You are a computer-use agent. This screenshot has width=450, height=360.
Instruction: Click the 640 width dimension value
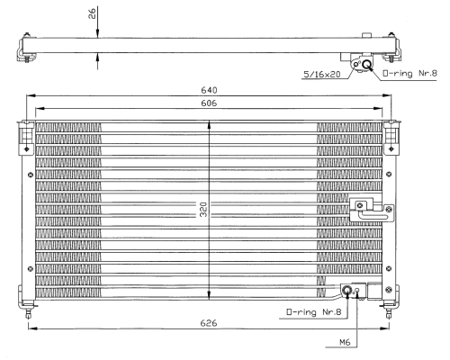pyautogui.click(x=209, y=90)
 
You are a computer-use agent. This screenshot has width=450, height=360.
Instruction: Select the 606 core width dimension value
pyautogui.click(x=209, y=103)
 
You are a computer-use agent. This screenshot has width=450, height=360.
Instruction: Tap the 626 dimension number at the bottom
pyautogui.click(x=209, y=323)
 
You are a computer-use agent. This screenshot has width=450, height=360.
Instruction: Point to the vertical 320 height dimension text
pyautogui.click(x=203, y=209)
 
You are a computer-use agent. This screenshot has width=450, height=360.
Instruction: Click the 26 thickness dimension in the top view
pyautogui.click(x=92, y=13)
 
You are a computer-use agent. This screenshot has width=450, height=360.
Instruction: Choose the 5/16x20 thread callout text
pyautogui.click(x=322, y=74)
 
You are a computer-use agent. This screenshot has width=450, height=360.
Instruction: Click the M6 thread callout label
pyautogui.click(x=345, y=342)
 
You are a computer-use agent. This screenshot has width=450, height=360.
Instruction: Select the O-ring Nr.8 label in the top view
pyautogui.click(x=409, y=73)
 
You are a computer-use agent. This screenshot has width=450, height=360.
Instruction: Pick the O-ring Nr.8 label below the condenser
pyautogui.click(x=314, y=312)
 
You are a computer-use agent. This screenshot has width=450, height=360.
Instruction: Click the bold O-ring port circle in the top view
pyautogui.click(x=366, y=64)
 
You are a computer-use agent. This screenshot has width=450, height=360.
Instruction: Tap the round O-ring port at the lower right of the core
pyautogui.click(x=347, y=290)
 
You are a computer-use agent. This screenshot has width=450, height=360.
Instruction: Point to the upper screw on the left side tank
pyautogui.click(x=31, y=175)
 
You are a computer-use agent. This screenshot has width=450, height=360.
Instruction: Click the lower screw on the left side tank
pyautogui.click(x=31, y=269)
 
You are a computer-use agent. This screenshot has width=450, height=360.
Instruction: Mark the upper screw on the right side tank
pyautogui.click(x=389, y=174)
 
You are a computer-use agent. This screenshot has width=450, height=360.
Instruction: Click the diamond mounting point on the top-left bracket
pyautogui.click(x=27, y=148)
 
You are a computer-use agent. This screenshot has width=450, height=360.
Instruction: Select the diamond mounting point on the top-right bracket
pyautogui.click(x=391, y=148)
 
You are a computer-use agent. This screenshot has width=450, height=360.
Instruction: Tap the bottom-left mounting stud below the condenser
pyautogui.click(x=28, y=312)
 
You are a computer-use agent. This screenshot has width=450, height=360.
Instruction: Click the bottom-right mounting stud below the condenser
pyautogui.click(x=389, y=312)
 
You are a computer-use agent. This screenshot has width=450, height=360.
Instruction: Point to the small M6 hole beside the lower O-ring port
pyautogui.click(x=357, y=290)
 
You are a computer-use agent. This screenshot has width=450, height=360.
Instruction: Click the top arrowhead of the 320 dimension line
pyautogui.click(x=209, y=123)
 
